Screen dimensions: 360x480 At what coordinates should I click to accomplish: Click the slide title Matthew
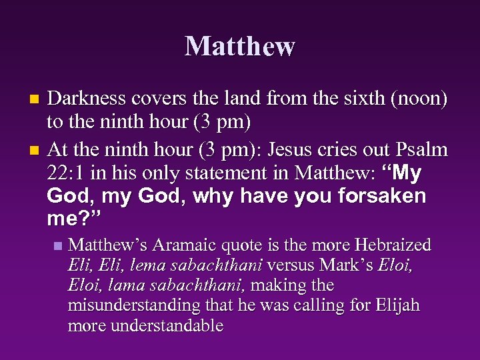click(239, 46)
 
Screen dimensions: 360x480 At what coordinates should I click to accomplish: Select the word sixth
click(345, 99)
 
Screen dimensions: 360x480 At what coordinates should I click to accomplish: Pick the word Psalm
click(422, 150)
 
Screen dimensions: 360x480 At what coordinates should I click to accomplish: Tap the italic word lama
click(123, 285)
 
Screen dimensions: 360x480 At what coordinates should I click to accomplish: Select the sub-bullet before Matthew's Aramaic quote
click(59, 245)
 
